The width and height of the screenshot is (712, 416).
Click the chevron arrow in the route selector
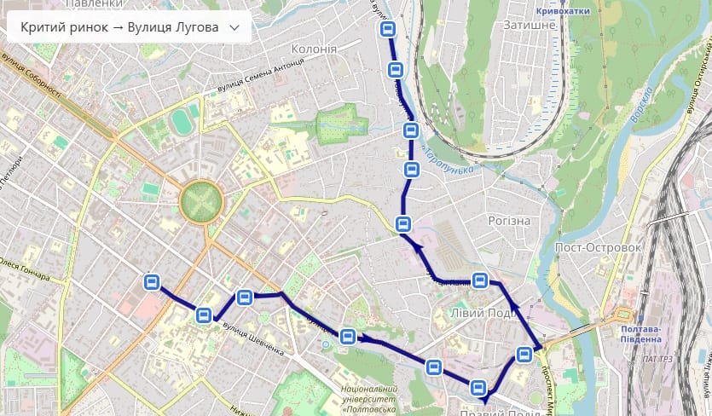tap(234, 27)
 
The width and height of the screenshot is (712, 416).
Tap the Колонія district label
tap(315, 49)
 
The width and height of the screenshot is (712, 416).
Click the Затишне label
tap(530, 25)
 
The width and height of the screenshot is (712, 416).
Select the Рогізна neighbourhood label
tap(509, 221)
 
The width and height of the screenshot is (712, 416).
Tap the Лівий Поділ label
tap(483, 313)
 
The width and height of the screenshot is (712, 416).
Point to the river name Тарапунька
tap(449, 160)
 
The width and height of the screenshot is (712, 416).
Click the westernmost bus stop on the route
tap(152, 282)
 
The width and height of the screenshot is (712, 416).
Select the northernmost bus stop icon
tap(388, 30)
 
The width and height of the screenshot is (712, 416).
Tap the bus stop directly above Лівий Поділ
tap(481, 280)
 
